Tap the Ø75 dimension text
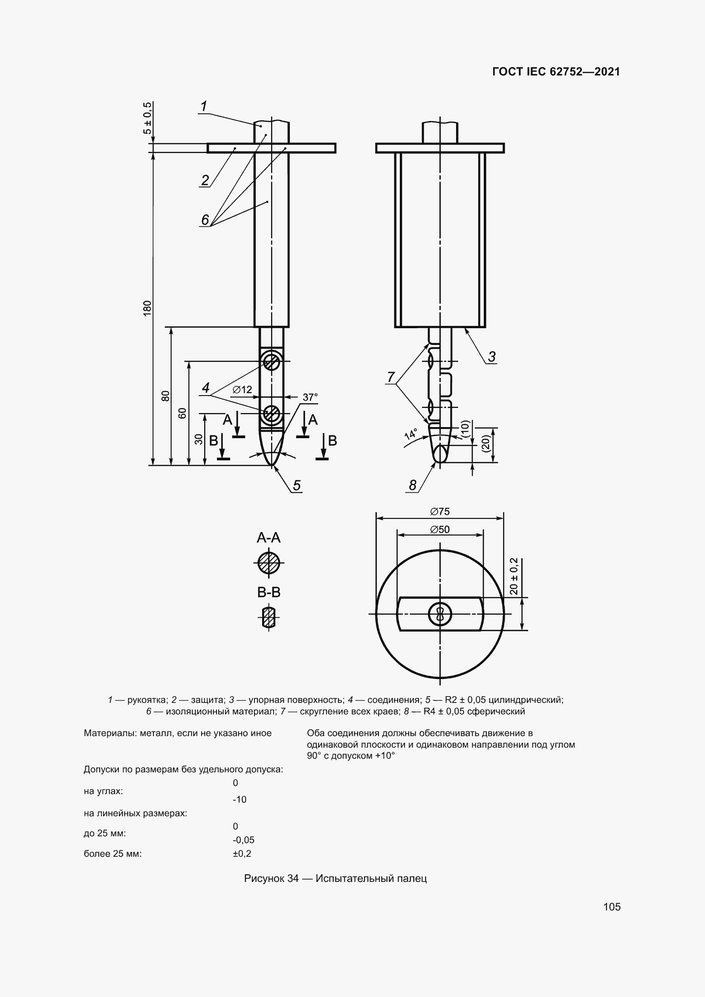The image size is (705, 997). point(440,512)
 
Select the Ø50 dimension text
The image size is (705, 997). point(440,529)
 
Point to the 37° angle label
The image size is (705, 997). point(310,397)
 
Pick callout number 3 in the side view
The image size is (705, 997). point(491,357)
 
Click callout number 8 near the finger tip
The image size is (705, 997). point(413,485)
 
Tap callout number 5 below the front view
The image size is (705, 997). point(297,485)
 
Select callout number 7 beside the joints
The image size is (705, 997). point(391,376)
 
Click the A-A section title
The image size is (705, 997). point(268,538)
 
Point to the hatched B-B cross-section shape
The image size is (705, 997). point(269,618)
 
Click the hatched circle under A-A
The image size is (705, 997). point(269,563)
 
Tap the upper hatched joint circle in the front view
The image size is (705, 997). point(272,361)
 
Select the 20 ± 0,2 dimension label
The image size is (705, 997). point(514,576)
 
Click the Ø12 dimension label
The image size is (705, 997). point(242,390)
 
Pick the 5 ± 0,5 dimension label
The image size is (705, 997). point(147,118)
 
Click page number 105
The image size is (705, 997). point(612,906)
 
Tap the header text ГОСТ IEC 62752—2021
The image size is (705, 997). point(556,72)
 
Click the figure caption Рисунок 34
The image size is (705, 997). point(335,878)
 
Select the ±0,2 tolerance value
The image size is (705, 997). point(242,853)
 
